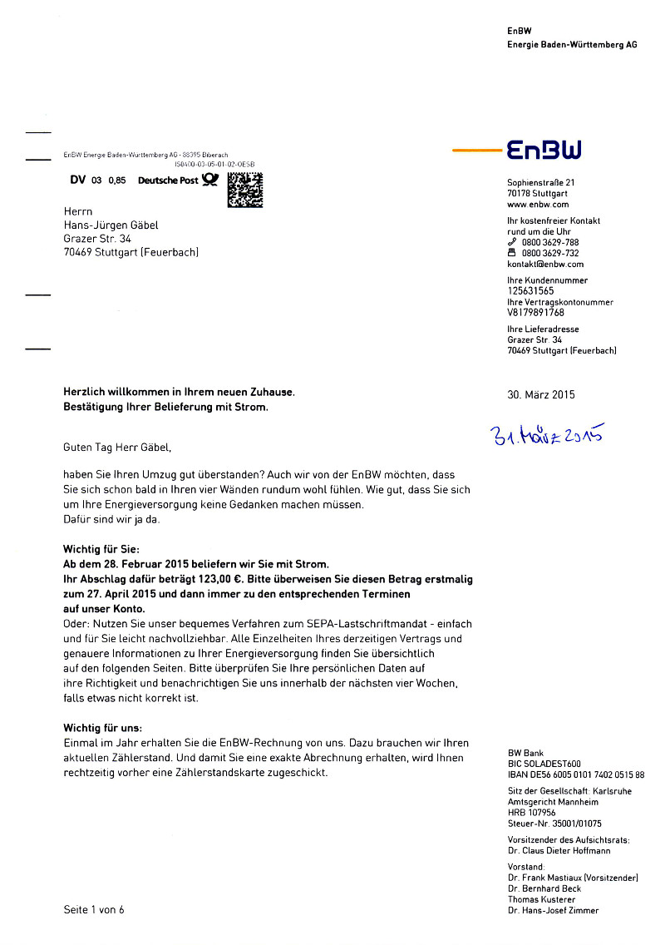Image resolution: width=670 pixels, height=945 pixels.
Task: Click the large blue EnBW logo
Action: [x=544, y=150]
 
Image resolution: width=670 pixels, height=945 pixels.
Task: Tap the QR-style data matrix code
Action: [x=244, y=190]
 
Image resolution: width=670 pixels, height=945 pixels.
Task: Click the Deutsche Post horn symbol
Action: [x=209, y=180]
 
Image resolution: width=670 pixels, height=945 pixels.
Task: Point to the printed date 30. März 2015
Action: [x=540, y=394]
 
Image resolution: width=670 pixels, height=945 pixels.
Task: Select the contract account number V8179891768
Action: [x=535, y=313]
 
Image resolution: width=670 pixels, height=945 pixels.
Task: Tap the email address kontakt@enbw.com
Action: [x=545, y=264]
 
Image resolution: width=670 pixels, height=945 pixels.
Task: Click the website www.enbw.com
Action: [x=538, y=204]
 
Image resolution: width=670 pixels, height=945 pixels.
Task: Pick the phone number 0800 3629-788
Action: [x=550, y=242]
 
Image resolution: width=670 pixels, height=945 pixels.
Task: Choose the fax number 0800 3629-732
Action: [x=550, y=253]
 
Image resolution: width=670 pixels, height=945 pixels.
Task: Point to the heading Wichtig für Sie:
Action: [x=96, y=550]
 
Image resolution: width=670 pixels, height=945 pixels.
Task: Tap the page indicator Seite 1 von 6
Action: [x=94, y=909]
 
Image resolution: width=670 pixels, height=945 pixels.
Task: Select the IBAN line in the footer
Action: [x=575, y=774]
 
